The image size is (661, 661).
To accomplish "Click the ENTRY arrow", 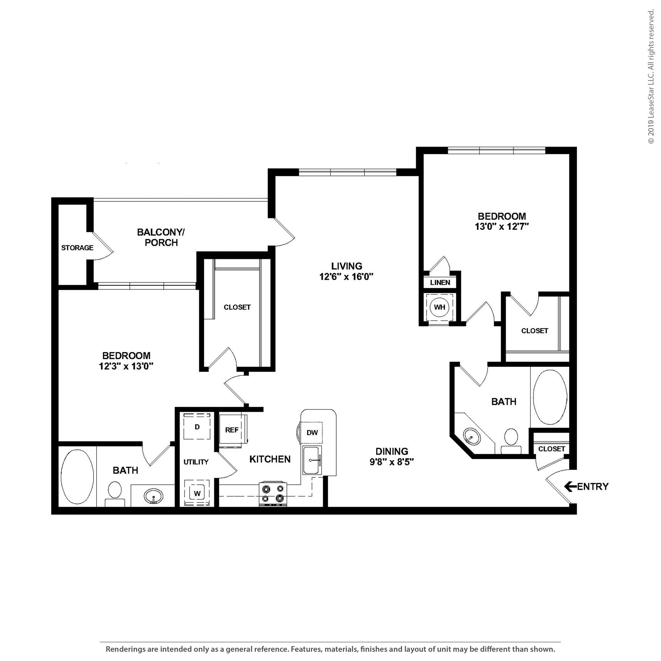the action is point(570,486).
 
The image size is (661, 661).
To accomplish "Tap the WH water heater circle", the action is point(439,307).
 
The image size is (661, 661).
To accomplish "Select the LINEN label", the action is point(440,283).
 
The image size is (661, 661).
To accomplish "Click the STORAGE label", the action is point(77,248).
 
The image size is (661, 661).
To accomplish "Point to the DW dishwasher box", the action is point(312,432).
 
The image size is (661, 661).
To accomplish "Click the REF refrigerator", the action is point(232,430).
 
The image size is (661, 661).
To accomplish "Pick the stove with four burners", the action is point(273,494).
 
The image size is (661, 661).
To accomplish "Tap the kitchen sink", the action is point(312,460).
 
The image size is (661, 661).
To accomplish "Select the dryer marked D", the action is point(197,426).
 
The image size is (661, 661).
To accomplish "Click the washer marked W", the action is point(197,493).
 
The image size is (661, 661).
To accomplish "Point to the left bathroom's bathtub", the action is point(77,477).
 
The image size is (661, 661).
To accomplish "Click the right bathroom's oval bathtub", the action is point(550,397).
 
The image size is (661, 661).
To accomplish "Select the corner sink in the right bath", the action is point(472,437).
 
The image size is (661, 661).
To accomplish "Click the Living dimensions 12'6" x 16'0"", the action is point(346,276).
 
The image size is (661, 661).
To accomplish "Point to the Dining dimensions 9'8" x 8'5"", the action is point(392,462).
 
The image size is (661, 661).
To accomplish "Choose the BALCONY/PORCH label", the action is point(161,237).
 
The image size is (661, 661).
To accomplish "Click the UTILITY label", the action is point(196,462).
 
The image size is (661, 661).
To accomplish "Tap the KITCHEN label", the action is point(270,459).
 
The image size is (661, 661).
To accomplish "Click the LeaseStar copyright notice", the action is point(651,77).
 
